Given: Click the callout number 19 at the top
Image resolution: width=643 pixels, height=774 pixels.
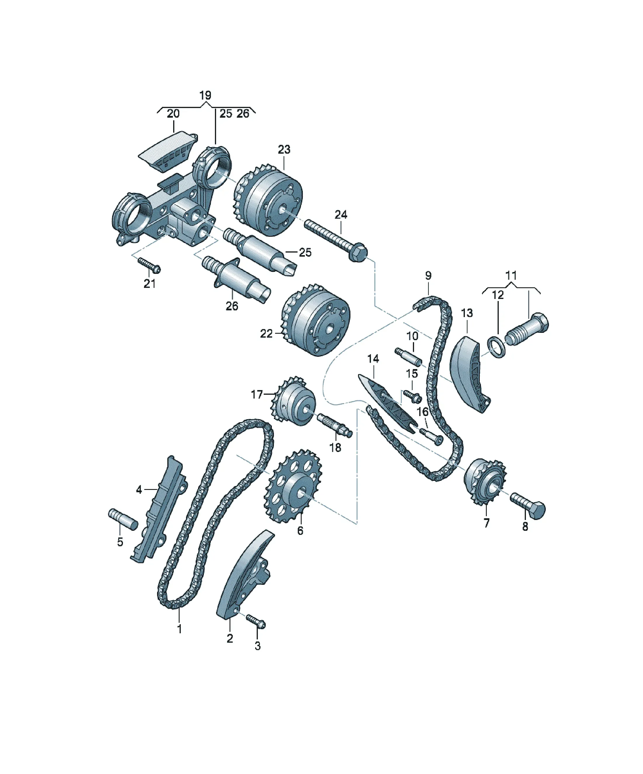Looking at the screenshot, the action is pyautogui.click(x=205, y=95).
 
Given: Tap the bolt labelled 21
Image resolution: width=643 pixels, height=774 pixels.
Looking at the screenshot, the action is pyautogui.click(x=149, y=265).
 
